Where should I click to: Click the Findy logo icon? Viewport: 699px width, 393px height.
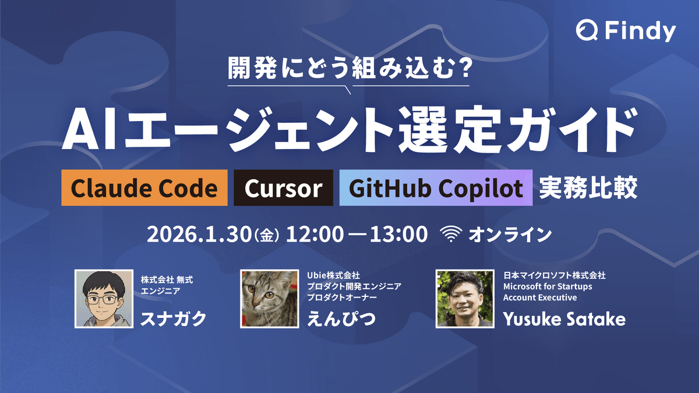click(587, 30)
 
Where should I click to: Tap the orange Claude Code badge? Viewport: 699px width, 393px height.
click(144, 187)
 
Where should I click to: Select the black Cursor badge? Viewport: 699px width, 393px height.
click(283, 187)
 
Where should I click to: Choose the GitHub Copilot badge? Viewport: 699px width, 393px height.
click(436, 187)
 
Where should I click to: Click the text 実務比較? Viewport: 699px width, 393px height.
click(588, 187)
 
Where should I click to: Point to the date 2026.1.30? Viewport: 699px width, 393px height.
click(199, 235)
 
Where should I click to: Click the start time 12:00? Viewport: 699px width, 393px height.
click(315, 235)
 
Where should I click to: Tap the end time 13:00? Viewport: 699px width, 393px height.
click(398, 235)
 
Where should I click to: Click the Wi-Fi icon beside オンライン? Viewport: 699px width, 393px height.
click(451, 234)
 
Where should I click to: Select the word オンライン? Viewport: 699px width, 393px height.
click(510, 235)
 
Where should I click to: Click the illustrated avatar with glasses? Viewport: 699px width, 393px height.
click(104, 299)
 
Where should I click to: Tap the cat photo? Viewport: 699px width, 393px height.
click(270, 299)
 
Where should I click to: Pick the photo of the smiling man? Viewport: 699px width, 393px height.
click(465, 299)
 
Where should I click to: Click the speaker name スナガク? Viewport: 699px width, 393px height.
click(174, 318)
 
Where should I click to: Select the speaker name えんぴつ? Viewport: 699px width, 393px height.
click(341, 318)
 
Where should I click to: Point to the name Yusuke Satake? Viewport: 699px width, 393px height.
click(564, 319)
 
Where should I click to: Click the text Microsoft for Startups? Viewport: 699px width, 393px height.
click(548, 286)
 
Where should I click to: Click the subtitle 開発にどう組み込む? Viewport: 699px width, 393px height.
click(349, 68)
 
